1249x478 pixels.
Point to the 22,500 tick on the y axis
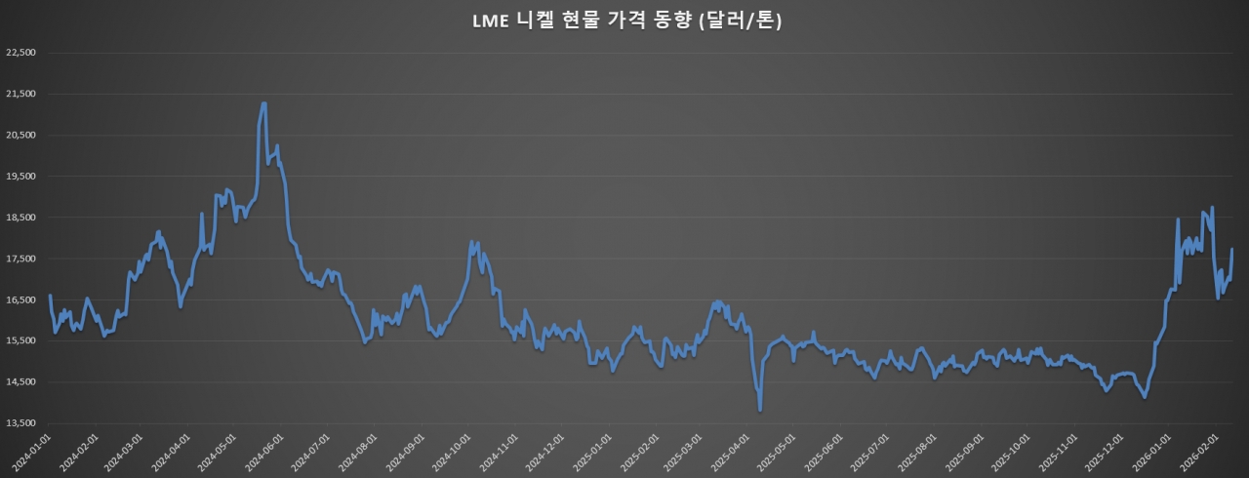click(x=20, y=53)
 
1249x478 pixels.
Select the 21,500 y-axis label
click(x=20, y=94)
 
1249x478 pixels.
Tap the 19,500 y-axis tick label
click(x=20, y=177)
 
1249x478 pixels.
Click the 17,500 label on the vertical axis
click(x=20, y=259)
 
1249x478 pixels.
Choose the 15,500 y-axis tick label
click(x=20, y=341)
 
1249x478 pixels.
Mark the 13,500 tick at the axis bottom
click(x=20, y=423)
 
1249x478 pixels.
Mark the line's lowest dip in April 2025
click(x=760, y=410)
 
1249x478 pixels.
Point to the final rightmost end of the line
click(x=1231, y=250)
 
